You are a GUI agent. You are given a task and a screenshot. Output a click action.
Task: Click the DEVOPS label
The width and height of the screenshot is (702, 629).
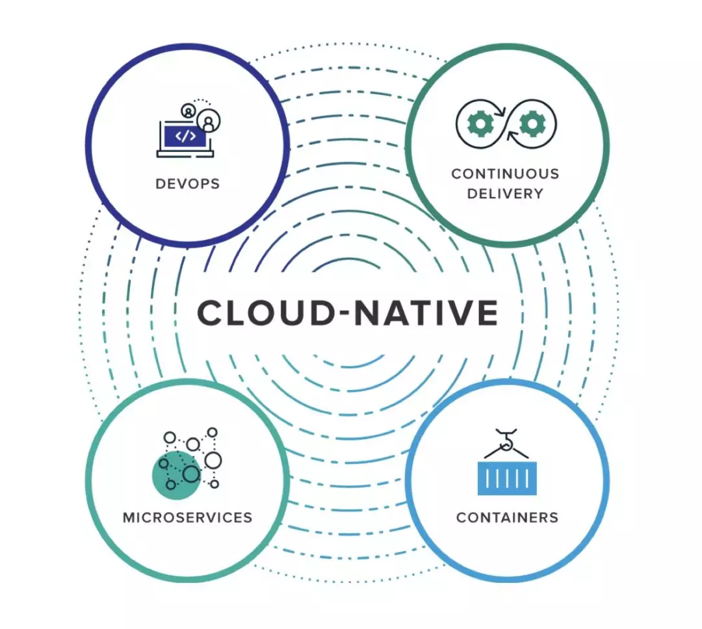pos(188,184)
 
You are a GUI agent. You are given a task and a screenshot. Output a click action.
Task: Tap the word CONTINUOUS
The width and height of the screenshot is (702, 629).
pos(506,173)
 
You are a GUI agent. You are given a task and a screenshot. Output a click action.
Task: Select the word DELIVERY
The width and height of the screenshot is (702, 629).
pos(506,194)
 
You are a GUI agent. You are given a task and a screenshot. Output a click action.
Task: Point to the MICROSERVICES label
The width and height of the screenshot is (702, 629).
pos(188,517)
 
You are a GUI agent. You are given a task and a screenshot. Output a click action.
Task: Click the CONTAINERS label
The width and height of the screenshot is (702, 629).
pos(507,517)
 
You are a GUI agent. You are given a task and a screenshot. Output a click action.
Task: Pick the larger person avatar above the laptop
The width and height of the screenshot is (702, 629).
pos(208,121)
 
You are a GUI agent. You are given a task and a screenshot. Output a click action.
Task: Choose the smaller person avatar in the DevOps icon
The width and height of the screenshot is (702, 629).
pos(188,110)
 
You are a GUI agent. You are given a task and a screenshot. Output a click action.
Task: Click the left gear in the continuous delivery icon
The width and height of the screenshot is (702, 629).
pos(480,123)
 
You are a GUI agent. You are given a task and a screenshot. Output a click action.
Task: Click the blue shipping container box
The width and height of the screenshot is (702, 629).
pos(507,479)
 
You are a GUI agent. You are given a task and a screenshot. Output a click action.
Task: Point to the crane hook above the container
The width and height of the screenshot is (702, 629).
pos(507,441)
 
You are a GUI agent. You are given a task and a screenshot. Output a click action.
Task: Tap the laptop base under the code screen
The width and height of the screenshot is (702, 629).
pos(185,154)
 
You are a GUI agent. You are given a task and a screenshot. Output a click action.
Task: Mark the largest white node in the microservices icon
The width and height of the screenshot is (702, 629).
pos(213,460)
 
